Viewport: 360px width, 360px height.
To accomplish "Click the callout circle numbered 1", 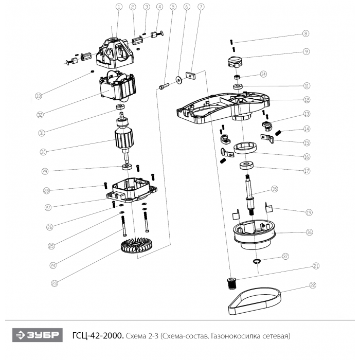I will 119,7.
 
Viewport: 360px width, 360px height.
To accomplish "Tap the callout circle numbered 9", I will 307,51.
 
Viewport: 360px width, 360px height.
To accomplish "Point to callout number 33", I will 39,96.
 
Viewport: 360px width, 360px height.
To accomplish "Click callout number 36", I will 309,232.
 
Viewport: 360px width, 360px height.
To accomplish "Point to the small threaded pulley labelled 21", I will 232,282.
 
